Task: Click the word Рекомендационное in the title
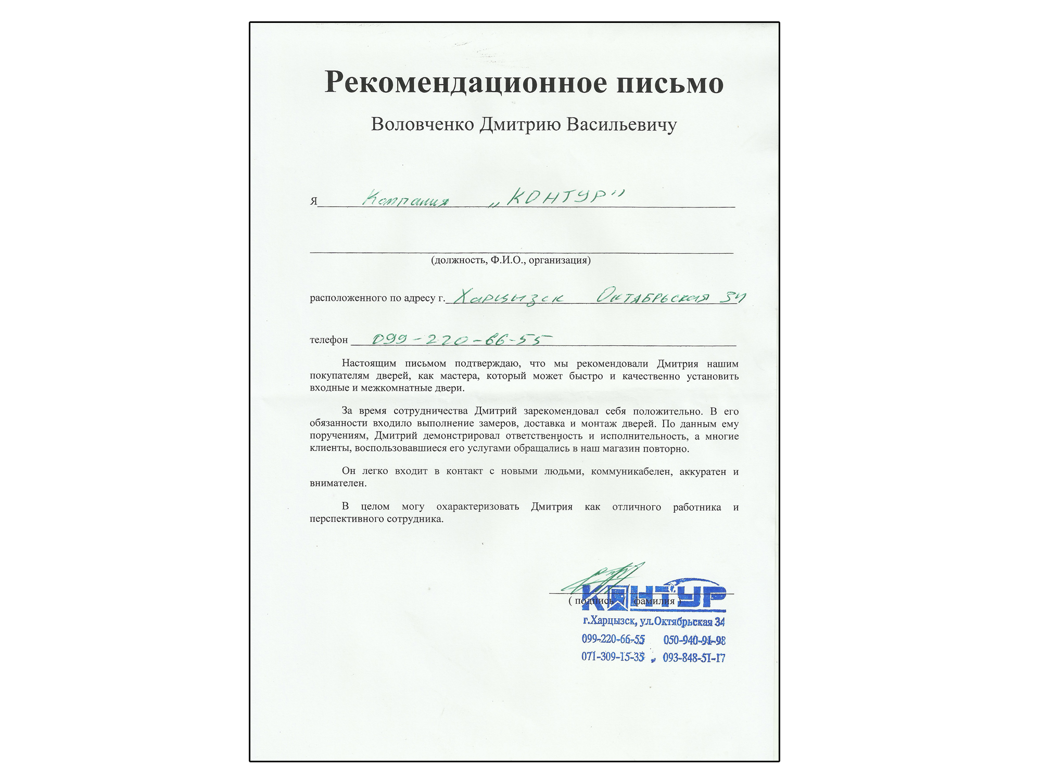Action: [465, 83]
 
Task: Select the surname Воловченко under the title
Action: [422, 125]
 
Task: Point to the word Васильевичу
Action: [621, 125]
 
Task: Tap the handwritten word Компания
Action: [405, 199]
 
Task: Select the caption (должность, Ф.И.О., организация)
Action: [511, 260]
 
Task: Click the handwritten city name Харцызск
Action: [508, 297]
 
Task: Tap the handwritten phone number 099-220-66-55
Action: [461, 340]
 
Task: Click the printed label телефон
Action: [328, 340]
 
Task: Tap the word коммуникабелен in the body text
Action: [631, 472]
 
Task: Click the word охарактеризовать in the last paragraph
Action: [477, 506]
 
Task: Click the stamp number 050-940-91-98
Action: [694, 640]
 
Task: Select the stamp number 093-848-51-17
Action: [694, 658]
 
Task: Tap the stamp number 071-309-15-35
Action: [613, 657]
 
